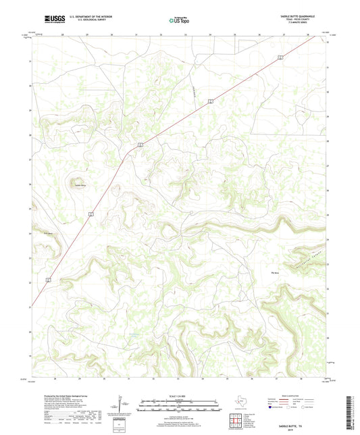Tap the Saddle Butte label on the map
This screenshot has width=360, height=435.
[80, 184]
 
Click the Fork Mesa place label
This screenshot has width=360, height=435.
[48, 234]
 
